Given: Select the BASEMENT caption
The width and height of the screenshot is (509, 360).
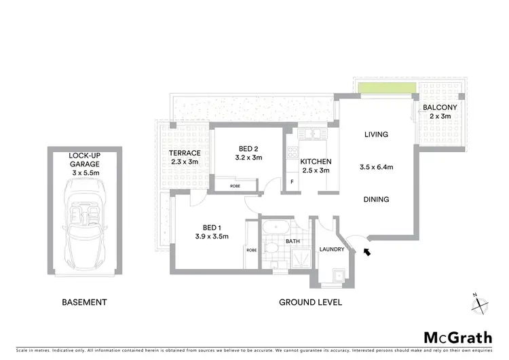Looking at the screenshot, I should [x=84, y=302].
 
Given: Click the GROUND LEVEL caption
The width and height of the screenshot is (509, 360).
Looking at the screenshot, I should [x=310, y=302].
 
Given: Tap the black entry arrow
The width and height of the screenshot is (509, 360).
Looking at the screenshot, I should [x=367, y=253].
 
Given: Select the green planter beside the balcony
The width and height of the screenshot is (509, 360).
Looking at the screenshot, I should [x=386, y=88].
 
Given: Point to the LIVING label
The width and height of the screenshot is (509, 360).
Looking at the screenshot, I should [x=375, y=134].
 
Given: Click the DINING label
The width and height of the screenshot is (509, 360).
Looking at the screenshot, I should [x=375, y=200].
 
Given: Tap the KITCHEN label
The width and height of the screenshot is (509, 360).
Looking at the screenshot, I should [x=316, y=161].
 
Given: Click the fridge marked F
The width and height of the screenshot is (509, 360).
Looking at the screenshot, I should [x=291, y=182].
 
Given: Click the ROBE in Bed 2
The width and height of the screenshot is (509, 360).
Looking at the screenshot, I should [x=235, y=185].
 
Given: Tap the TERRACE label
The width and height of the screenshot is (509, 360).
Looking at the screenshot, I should [x=184, y=154].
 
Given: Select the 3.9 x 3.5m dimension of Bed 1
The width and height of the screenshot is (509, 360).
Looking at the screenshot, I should [x=212, y=236].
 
